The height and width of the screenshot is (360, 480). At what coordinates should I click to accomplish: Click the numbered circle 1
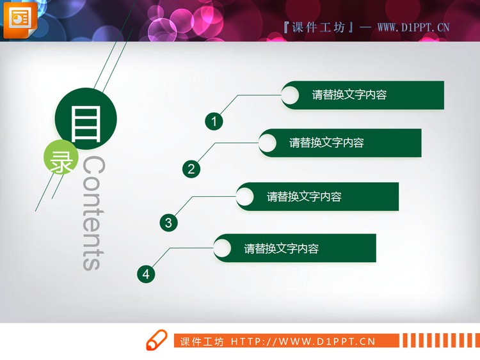point(214,121)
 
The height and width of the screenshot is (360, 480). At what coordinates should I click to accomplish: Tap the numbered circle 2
point(191,169)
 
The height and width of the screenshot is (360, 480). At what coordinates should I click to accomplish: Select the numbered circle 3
point(168,223)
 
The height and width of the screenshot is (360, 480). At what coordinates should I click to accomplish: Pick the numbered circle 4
point(146,274)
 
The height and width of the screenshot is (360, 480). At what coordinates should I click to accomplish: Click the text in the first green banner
point(349,95)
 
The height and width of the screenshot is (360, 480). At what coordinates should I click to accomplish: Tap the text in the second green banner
point(326,143)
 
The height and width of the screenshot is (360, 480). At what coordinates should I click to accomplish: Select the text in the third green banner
point(304,197)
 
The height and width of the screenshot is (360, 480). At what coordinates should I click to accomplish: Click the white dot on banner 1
point(290,95)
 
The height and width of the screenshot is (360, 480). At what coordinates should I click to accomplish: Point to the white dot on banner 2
point(268,143)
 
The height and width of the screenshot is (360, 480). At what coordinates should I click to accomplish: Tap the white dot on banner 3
point(245,196)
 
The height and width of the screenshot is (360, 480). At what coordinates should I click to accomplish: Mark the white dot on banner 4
point(222,248)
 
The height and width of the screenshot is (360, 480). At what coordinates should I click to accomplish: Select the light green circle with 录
point(61,160)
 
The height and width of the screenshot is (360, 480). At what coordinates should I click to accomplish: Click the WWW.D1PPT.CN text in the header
point(413,27)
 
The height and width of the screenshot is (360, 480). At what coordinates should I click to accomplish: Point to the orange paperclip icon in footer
point(156,341)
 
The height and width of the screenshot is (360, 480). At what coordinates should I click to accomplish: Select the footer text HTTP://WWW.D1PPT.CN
point(303,341)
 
